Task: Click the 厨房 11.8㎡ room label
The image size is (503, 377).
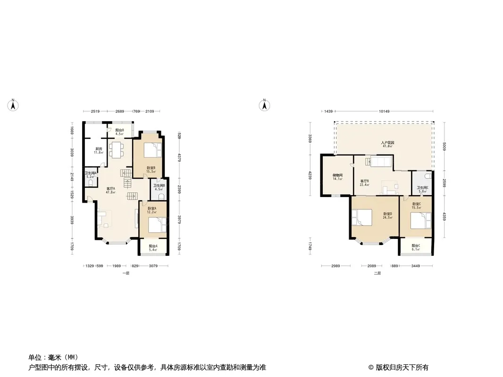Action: pyautogui.click(x=98, y=151)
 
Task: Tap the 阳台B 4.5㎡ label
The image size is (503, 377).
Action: pyautogui.click(x=119, y=131)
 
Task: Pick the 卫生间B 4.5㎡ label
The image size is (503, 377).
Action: pyautogui.click(x=159, y=188)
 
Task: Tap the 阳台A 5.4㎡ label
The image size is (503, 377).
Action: pyautogui.click(x=153, y=247)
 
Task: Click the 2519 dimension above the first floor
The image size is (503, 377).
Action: pyautogui.click(x=95, y=111)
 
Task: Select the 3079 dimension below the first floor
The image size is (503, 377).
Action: pyautogui.click(x=153, y=266)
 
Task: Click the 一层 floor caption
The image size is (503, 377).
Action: pyautogui.click(x=125, y=273)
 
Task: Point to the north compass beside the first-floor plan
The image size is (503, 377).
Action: pyautogui.click(x=14, y=105)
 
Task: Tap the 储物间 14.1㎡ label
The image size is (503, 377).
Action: pyautogui.click(x=337, y=177)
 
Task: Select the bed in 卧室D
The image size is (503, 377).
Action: pyautogui.click(x=361, y=218)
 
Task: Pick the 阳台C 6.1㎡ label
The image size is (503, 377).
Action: pyautogui.click(x=416, y=247)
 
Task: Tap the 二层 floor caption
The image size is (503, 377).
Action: pyautogui.click(x=377, y=273)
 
